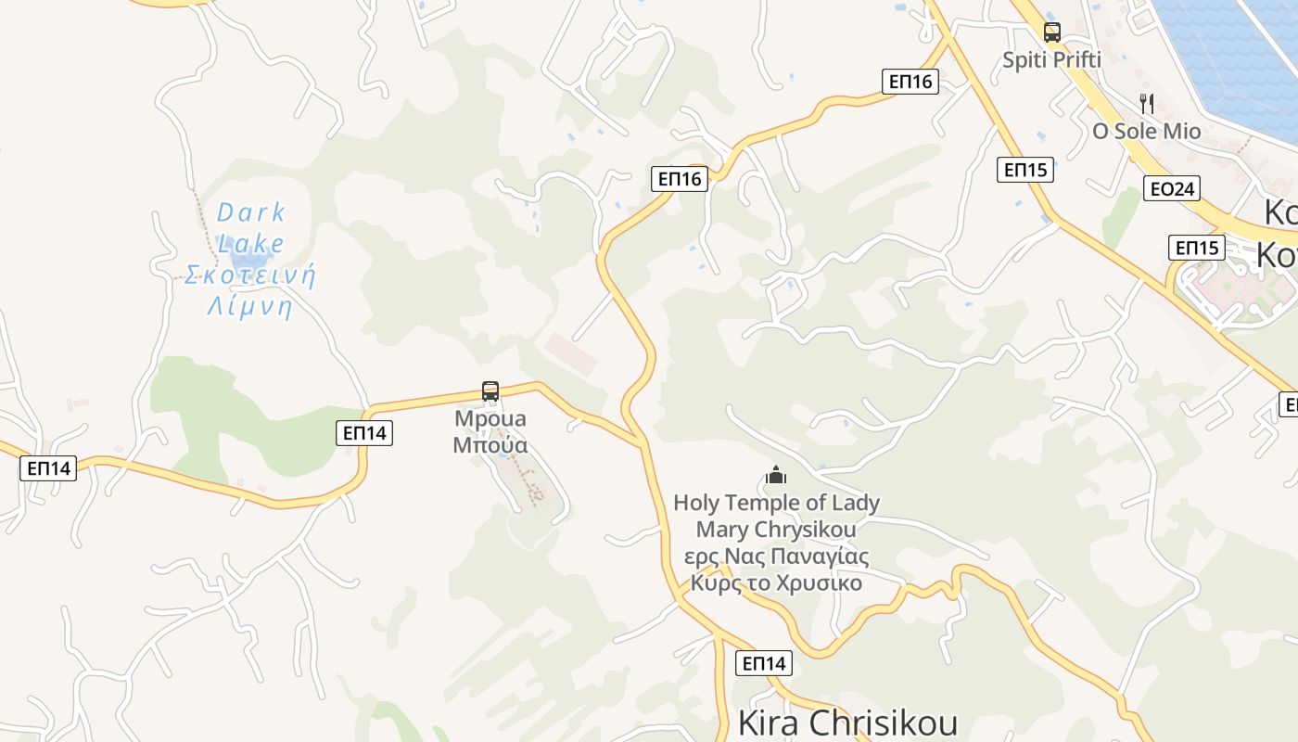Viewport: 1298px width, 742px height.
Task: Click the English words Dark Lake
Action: [x=251, y=227]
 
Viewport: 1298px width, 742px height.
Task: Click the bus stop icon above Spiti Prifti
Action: [x=1051, y=32]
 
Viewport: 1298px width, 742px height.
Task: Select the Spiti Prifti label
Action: [x=1051, y=60]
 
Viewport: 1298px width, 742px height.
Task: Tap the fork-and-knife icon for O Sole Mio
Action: [x=1147, y=103]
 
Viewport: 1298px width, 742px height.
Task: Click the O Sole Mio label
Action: [x=1147, y=132]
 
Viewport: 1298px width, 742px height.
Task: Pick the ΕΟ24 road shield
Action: [x=1171, y=189]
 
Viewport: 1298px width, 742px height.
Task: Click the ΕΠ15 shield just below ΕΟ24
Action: [x=1196, y=248]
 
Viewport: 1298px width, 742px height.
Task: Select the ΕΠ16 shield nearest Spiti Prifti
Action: [x=910, y=82]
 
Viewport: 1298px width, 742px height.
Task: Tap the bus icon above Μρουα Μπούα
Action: [x=490, y=391]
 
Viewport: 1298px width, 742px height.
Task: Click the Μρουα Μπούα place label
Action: [x=490, y=432]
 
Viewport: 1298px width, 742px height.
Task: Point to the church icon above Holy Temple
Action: [x=776, y=477]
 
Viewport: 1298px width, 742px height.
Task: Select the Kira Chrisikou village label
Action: [x=846, y=723]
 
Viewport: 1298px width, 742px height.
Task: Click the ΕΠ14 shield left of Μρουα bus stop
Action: [x=364, y=432]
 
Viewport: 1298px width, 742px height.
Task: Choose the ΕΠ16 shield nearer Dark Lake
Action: [x=680, y=179]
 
